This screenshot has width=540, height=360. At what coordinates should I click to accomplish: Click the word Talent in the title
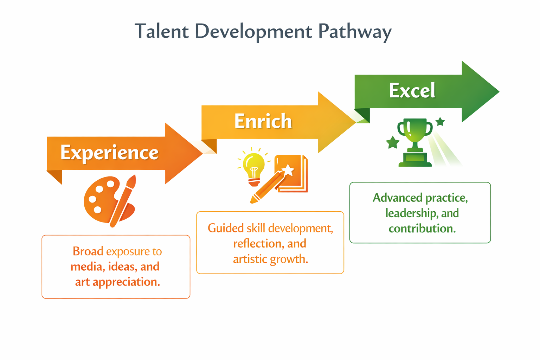[161, 31]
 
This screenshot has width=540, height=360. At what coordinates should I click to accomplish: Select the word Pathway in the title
[355, 33]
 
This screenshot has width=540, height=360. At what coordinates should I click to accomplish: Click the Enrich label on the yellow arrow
[263, 121]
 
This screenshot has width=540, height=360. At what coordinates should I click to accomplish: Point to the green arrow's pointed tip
[499, 92]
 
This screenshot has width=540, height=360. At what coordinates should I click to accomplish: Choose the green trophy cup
[415, 142]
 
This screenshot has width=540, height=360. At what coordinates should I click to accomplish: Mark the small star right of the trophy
[440, 122]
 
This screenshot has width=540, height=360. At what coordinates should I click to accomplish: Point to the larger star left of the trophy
[393, 142]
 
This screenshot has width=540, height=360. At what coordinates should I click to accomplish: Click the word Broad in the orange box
[88, 251]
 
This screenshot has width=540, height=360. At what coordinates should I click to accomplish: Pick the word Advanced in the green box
[398, 198]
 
